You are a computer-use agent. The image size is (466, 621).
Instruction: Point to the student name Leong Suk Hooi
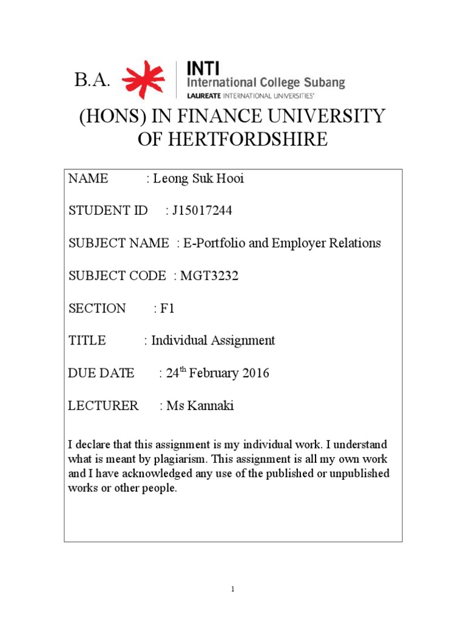point(198,178)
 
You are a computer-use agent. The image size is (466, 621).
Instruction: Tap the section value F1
point(167,308)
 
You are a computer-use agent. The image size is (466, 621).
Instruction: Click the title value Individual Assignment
point(213,340)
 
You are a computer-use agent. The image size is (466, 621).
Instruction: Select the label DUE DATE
point(101,374)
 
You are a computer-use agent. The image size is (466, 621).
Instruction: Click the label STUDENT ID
point(108,210)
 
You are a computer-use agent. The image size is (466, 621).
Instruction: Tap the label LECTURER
point(103,406)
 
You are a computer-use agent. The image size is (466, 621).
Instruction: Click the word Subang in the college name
point(325,83)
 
